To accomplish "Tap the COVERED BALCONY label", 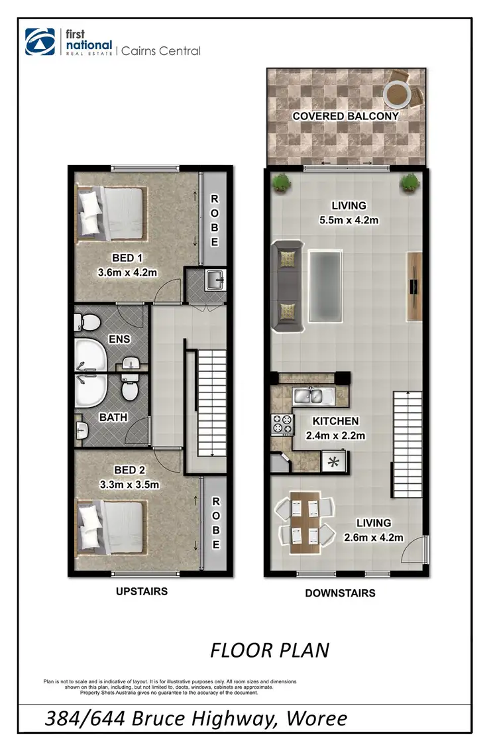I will tap(346, 116).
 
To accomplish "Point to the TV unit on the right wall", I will tap(414, 286).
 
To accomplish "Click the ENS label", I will tap(120, 339).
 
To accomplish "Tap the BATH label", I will tap(113, 418).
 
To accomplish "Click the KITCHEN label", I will tap(335, 421).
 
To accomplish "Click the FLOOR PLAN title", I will tap(270, 650).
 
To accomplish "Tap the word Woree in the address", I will tap(315, 718).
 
